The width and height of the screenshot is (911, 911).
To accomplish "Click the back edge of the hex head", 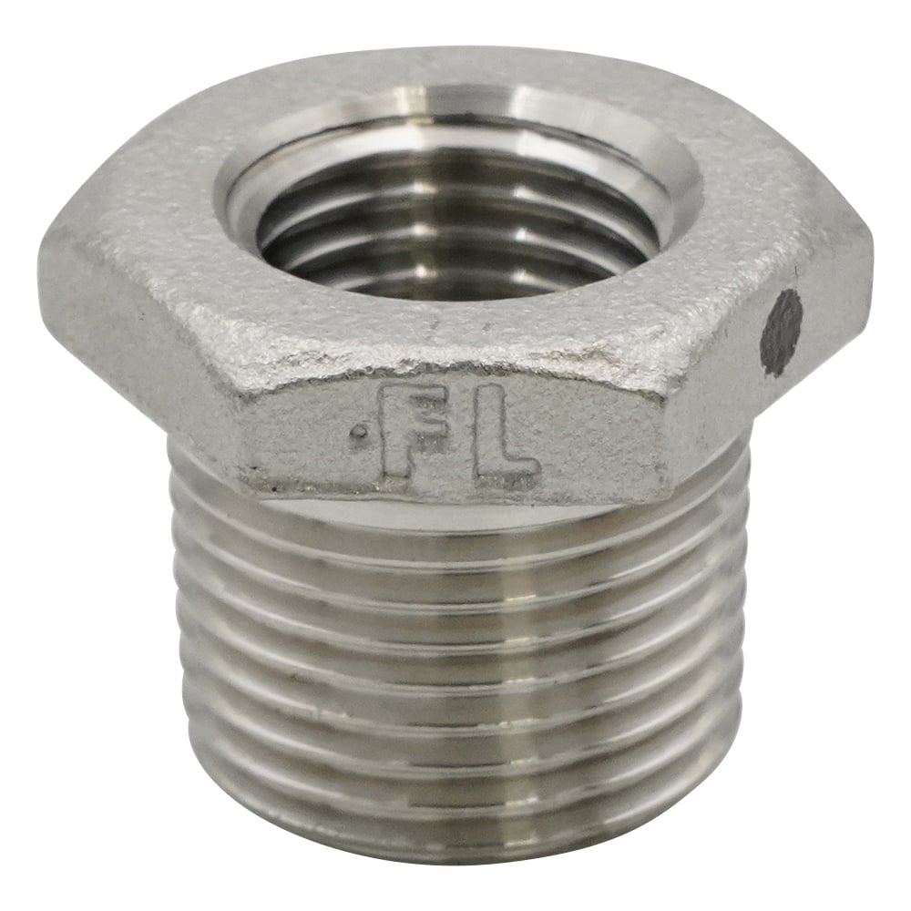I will click(x=455, y=50).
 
